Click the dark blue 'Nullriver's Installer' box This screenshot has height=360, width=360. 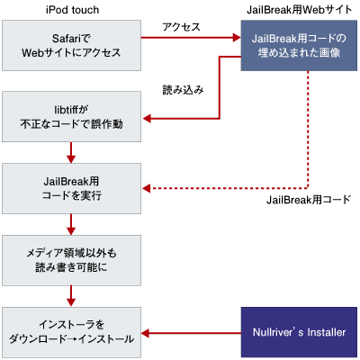(x=299, y=332)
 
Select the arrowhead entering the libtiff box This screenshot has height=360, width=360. (x=149, y=116)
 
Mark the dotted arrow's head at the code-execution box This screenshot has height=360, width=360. (x=149, y=188)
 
